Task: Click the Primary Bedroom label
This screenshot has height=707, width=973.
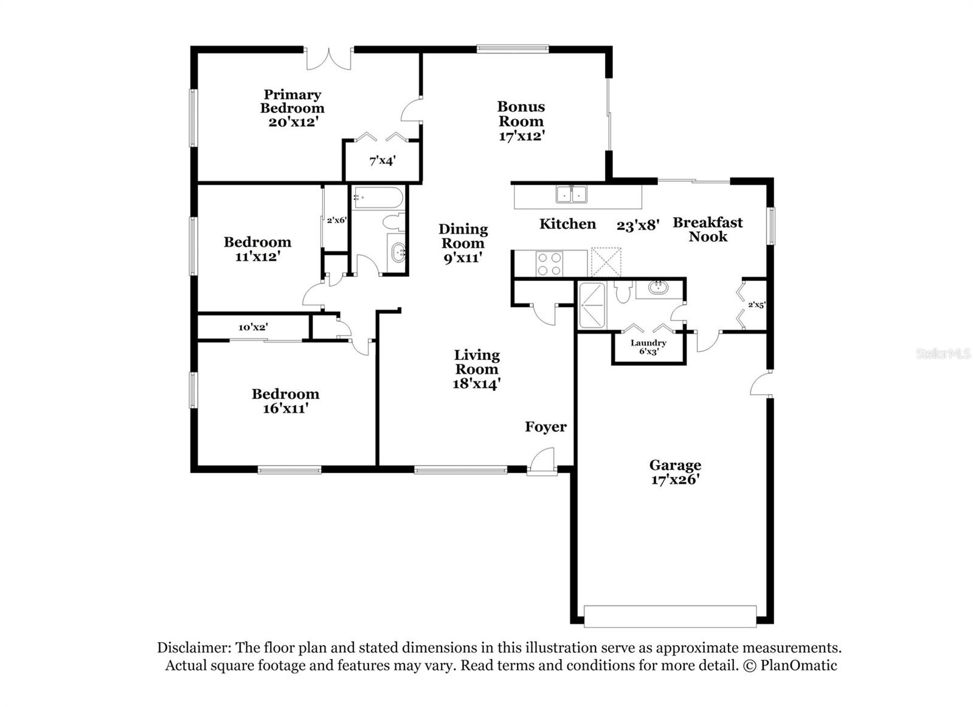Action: tap(292, 102)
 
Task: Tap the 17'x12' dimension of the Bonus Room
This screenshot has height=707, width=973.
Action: tap(521, 136)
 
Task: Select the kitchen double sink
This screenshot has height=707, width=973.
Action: tap(571, 195)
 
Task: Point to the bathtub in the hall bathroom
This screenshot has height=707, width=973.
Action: tap(378, 198)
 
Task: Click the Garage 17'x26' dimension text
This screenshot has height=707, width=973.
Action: tap(675, 480)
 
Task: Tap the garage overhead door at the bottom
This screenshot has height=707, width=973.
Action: tap(670, 616)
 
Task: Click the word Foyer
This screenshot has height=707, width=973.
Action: tap(545, 427)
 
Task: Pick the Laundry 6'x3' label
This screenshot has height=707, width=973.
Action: tap(648, 347)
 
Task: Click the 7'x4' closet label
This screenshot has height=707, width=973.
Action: tap(383, 161)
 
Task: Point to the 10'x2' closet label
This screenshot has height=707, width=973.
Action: tap(253, 327)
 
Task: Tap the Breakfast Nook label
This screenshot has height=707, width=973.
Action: tap(707, 229)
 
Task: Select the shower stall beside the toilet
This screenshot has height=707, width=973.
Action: tap(592, 305)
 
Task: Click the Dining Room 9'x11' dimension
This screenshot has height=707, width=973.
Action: tap(463, 257)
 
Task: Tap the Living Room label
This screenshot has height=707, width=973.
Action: tap(477, 362)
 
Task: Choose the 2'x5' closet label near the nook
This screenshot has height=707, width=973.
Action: tap(756, 305)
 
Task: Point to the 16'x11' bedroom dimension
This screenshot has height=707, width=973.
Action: tap(285, 408)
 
